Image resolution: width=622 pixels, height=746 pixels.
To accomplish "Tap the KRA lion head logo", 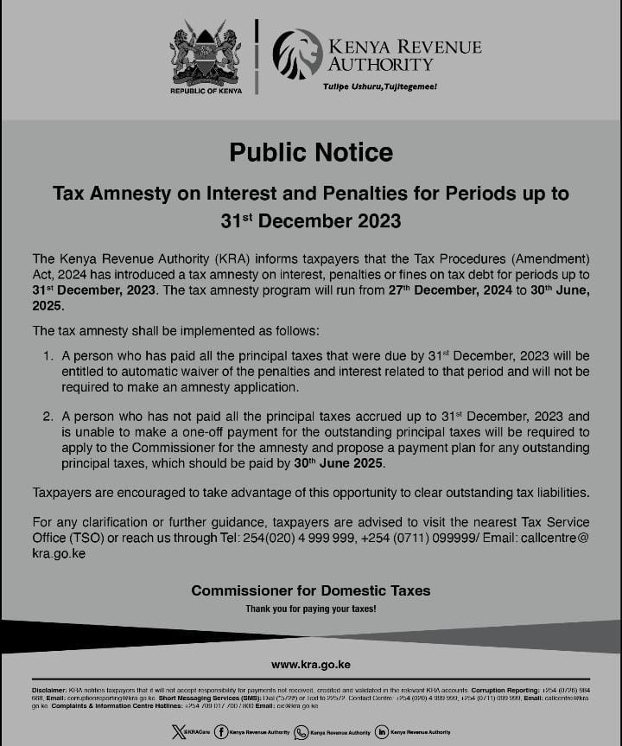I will (x=297, y=54).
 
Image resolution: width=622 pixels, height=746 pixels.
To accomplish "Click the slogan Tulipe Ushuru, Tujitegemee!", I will (x=380, y=87).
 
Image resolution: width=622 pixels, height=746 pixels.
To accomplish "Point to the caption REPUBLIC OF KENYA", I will (x=206, y=90).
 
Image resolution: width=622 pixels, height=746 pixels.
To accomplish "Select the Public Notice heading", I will (x=311, y=153).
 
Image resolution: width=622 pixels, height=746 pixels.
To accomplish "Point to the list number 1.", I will (x=48, y=356).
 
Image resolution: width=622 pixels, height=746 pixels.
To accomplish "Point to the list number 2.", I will (x=48, y=416).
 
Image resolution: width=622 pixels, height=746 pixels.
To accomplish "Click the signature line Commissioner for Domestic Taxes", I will (x=311, y=591).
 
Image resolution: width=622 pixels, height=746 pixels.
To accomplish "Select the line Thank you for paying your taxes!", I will (x=311, y=609).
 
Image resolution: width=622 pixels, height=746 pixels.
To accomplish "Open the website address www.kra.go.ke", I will (x=311, y=664).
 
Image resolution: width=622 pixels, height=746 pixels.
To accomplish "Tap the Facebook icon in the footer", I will (x=222, y=732).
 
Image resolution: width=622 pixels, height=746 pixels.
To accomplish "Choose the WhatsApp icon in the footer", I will (x=301, y=732).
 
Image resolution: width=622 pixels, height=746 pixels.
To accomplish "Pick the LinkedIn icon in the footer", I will (x=381, y=732).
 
